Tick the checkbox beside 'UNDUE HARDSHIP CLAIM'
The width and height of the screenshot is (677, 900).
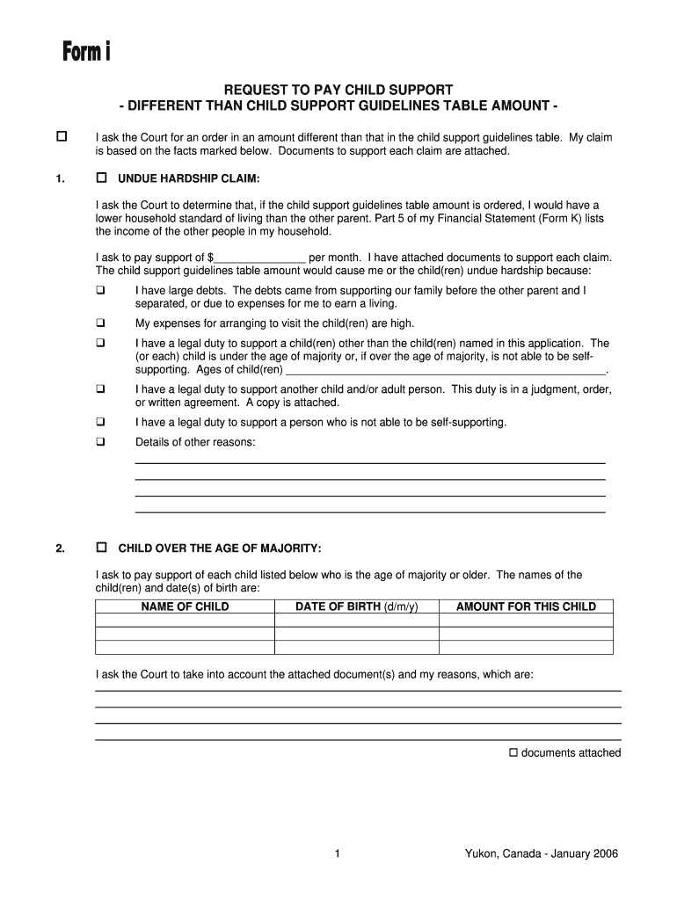point(101,178)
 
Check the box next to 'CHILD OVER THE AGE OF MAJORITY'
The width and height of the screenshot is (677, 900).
point(101,548)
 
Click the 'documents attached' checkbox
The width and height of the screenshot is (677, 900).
point(514,752)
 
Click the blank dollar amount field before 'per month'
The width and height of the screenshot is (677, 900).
point(260,258)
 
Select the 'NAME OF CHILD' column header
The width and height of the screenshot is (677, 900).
point(185,606)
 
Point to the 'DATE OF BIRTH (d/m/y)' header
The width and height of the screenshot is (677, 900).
point(357,606)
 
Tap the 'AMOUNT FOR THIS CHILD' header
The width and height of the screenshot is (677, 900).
point(526,606)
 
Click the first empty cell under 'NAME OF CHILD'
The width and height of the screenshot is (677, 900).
point(185,620)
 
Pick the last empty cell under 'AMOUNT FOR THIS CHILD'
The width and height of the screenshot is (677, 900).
point(526,648)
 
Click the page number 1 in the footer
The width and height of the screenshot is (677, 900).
point(338,853)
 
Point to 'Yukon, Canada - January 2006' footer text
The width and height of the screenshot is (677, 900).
point(542,853)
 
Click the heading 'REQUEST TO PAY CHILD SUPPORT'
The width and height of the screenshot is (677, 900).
point(338,90)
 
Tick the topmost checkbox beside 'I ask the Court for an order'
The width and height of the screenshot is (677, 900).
point(62,137)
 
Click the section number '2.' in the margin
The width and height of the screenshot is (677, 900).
point(60,549)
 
